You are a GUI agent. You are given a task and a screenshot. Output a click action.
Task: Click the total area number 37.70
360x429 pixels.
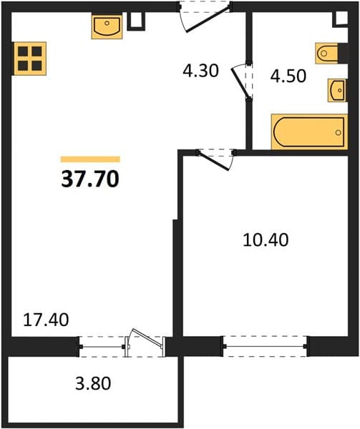(90, 179)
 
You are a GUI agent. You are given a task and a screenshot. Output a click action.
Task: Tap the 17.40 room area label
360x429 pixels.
(46, 320)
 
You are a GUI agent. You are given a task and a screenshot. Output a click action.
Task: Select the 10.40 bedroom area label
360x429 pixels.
(266, 240)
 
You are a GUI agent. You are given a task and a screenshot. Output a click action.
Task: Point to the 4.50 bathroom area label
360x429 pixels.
(288, 76)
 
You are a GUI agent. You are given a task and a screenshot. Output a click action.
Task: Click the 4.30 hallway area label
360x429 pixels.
(200, 71)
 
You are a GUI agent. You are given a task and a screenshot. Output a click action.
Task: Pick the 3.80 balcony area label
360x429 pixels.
(93, 383)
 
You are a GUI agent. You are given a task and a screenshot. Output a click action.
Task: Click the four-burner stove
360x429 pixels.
(29, 59)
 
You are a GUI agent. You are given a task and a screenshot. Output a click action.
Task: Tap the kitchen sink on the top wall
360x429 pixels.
(107, 27)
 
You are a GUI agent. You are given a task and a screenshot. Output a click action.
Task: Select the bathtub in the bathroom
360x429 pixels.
(309, 132)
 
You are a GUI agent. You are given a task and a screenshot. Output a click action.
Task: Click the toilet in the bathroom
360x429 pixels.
(326, 54)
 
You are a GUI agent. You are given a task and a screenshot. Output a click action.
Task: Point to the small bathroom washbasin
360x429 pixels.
(337, 90)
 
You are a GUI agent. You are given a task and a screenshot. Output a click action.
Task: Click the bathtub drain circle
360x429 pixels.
(339, 133)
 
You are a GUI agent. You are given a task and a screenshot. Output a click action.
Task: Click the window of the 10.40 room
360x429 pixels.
(265, 346)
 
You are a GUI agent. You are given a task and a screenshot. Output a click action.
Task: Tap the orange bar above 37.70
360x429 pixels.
(90, 159)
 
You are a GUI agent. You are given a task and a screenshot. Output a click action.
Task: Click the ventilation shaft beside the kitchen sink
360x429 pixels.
(136, 21)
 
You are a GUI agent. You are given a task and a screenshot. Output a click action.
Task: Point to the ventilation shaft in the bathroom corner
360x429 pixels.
(340, 19)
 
